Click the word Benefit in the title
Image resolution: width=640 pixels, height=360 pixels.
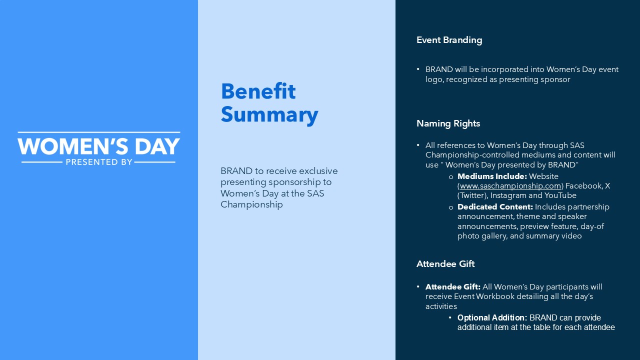(x=258, y=91)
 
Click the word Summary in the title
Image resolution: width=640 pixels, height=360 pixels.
(x=269, y=115)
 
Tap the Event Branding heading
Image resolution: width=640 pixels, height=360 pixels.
(x=449, y=40)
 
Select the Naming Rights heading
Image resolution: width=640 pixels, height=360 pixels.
(x=448, y=123)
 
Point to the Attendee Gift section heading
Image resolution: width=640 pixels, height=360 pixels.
(x=445, y=263)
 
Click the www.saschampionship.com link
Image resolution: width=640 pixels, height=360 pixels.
(x=510, y=186)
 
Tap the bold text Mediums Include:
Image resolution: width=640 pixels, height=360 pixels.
(x=492, y=176)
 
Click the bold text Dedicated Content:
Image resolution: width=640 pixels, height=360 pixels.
(x=495, y=207)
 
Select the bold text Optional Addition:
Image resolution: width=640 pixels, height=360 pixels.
(x=492, y=317)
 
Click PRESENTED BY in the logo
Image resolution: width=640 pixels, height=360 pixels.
(x=99, y=162)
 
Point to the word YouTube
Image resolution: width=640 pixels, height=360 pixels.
(x=560, y=195)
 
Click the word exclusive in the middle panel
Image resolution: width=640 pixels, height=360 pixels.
(x=318, y=171)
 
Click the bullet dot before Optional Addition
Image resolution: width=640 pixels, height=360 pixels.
(x=450, y=317)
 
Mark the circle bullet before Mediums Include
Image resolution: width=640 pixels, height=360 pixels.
(x=451, y=177)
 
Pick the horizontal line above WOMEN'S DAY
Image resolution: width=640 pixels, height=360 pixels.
(x=99, y=132)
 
